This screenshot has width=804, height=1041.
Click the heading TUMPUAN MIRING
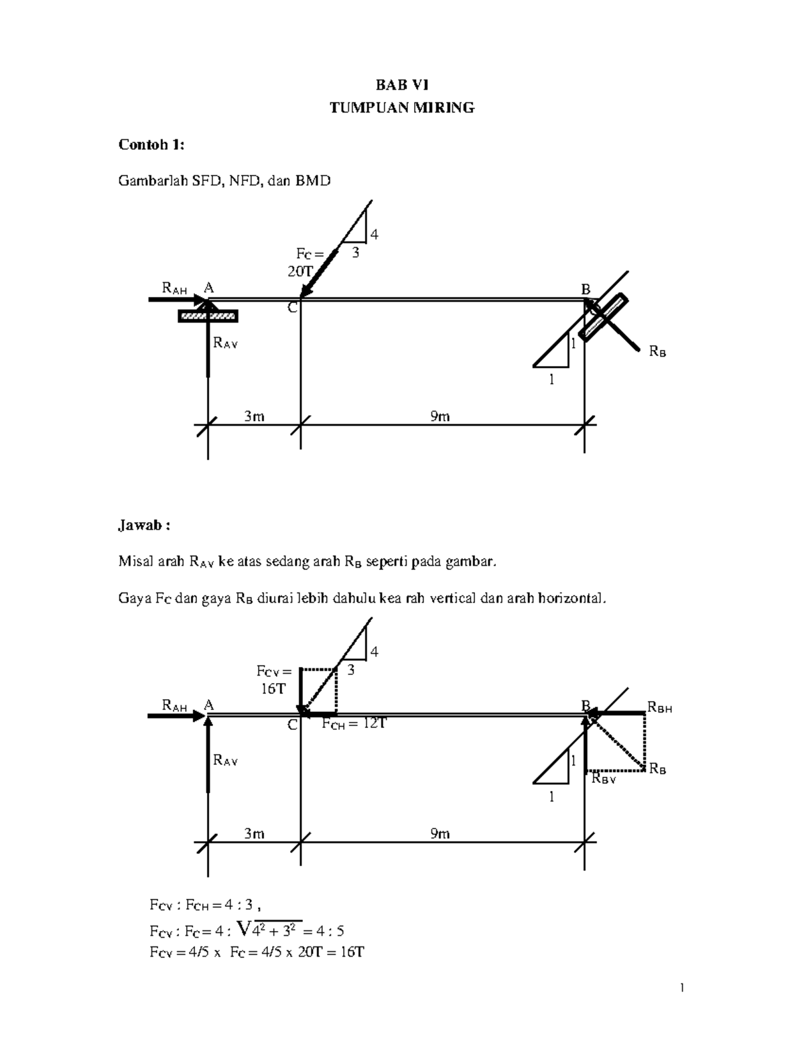(x=402, y=108)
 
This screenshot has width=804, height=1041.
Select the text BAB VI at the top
(x=402, y=85)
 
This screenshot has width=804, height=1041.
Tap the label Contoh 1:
(x=151, y=145)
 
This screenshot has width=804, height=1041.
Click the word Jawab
(x=143, y=526)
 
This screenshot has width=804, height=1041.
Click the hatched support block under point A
(x=208, y=316)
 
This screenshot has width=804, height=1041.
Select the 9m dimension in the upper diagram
(x=440, y=416)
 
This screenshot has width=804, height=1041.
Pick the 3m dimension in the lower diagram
(x=254, y=833)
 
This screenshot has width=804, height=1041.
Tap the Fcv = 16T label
(x=273, y=680)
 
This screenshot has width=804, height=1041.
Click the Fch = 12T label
(x=354, y=724)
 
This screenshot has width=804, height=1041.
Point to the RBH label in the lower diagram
(x=659, y=708)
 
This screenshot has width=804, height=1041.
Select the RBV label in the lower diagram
(x=603, y=780)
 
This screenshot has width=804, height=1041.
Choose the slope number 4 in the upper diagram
(x=374, y=235)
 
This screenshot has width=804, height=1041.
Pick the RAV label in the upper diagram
(x=225, y=344)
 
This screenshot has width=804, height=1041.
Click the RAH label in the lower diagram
(x=175, y=705)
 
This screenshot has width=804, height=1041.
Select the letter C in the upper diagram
(x=292, y=308)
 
